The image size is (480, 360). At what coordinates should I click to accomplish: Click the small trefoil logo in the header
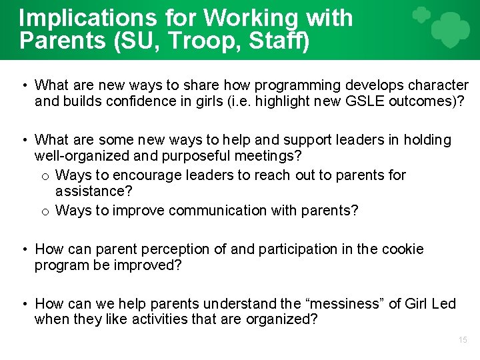click(x=421, y=15)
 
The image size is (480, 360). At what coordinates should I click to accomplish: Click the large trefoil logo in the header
click(x=451, y=29)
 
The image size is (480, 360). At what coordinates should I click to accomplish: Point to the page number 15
click(x=463, y=340)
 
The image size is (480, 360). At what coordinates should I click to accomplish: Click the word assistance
click(x=94, y=192)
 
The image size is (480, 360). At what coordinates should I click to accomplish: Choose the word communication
click(x=218, y=211)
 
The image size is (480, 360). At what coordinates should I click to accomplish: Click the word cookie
click(x=403, y=249)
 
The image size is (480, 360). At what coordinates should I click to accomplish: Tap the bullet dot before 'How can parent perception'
click(x=23, y=249)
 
